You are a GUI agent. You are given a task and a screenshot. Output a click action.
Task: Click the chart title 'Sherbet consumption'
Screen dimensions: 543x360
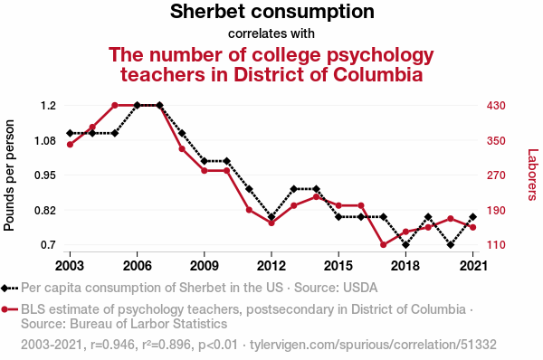point(271,12)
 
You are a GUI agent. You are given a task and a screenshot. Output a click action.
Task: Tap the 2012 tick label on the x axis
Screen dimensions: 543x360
point(271,266)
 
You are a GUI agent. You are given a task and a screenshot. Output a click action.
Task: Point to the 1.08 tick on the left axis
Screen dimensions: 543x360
point(44,141)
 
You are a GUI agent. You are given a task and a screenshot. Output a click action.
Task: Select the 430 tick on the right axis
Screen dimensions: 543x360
point(496,105)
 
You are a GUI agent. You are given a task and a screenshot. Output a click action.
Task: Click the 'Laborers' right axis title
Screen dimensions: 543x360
point(533,175)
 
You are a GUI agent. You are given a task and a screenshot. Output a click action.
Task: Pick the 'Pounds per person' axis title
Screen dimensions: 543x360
point(9,175)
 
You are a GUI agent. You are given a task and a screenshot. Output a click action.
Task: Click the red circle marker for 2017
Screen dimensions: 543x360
point(384,245)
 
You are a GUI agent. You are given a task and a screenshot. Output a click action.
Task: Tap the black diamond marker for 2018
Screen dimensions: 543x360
point(405,245)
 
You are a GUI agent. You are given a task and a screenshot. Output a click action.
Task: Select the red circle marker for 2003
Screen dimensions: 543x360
point(70,145)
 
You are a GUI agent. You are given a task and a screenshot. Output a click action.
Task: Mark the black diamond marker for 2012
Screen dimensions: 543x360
point(271,217)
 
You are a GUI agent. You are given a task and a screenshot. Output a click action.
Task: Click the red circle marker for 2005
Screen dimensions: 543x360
point(115,105)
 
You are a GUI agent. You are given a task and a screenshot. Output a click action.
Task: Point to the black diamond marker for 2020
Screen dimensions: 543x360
point(451,245)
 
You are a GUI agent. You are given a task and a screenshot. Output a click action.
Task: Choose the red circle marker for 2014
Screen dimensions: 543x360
point(316,197)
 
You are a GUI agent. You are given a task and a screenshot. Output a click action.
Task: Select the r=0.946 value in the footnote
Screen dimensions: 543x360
point(112,345)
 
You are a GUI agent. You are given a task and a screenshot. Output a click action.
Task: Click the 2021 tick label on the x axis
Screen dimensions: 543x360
point(473,266)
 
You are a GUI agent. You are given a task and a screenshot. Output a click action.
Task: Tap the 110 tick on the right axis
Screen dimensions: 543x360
point(496,245)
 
